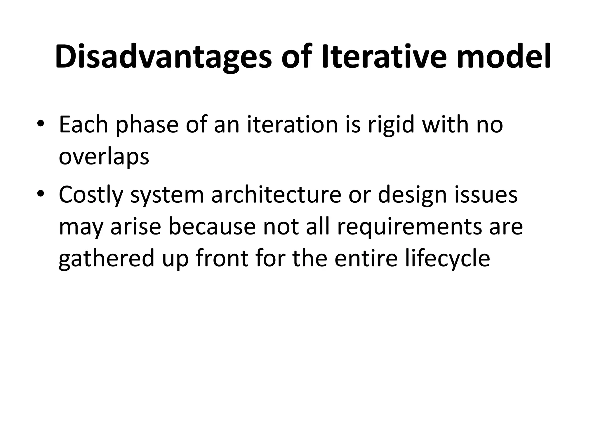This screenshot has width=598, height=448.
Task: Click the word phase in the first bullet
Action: click(x=147, y=125)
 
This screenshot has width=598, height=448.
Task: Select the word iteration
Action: click(x=292, y=125)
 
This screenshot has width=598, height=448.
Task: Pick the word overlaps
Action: click(x=104, y=157)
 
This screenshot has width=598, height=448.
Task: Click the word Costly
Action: click(x=91, y=195)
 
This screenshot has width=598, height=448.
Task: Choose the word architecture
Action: click(x=276, y=195)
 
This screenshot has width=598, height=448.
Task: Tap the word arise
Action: click(x=136, y=227)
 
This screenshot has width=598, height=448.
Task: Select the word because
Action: click(x=212, y=227)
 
